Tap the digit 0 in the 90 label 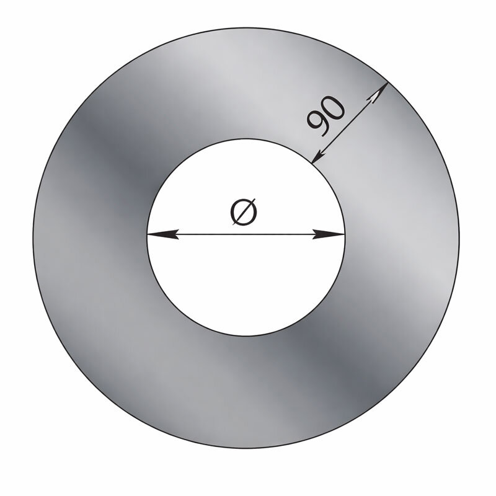(332, 107)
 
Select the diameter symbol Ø (244, 211)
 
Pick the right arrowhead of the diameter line (329, 234)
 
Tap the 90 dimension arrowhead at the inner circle (320, 156)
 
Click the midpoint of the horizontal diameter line (246, 234)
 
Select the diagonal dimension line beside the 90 (350, 123)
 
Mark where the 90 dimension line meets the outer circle (388, 82)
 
